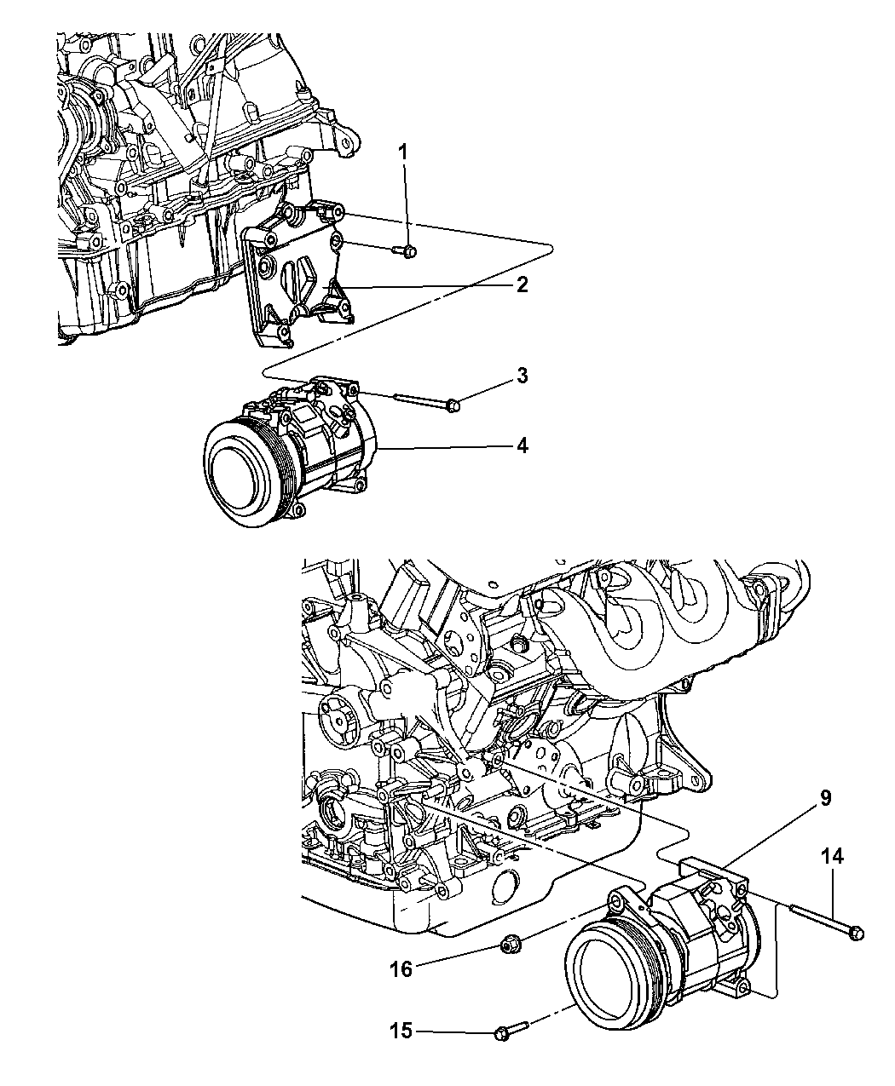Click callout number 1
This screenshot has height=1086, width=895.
click(404, 153)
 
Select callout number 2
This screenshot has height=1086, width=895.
click(521, 284)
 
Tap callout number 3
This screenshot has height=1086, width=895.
click(521, 376)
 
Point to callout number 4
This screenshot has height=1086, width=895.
click(521, 445)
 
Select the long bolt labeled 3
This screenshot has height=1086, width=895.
click(426, 399)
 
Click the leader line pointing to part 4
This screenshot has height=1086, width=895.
click(443, 446)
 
